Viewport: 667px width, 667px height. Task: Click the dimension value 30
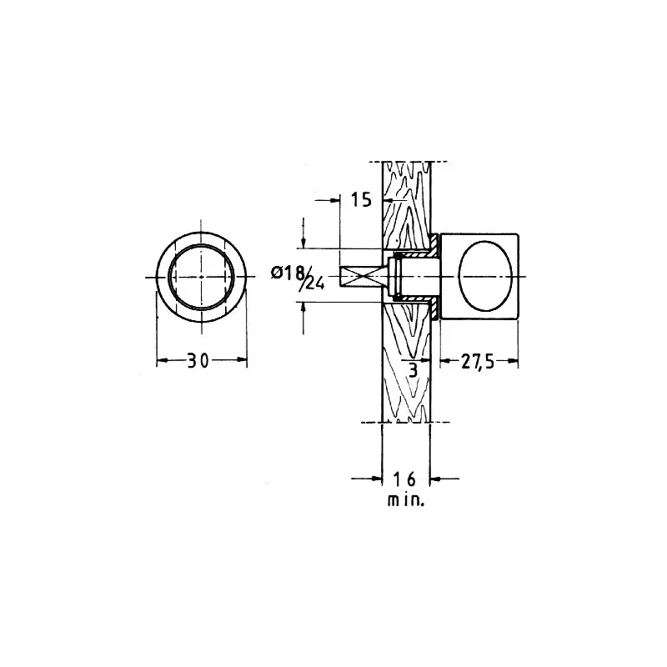pyautogui.click(x=198, y=361)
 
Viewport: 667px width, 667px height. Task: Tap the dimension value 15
pyautogui.click(x=361, y=199)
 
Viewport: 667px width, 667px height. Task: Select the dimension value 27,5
pyautogui.click(x=478, y=362)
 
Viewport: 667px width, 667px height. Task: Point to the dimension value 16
pyautogui.click(x=404, y=479)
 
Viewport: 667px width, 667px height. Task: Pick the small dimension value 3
pyautogui.click(x=414, y=370)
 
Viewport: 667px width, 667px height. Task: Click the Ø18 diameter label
pyautogui.click(x=288, y=273)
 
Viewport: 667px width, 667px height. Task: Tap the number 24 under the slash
pyautogui.click(x=315, y=283)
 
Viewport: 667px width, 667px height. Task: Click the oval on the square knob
pyautogui.click(x=485, y=276)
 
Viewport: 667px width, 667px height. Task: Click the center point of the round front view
pyautogui.click(x=201, y=277)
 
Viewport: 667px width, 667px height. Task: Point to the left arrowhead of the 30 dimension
pyautogui.click(x=162, y=361)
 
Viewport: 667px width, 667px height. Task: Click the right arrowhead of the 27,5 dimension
pyautogui.click(x=513, y=362)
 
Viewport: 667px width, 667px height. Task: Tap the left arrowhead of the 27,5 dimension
pyautogui.click(x=445, y=362)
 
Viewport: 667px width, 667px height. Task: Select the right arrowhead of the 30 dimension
pyautogui.click(x=242, y=360)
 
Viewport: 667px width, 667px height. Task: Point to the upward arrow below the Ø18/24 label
pyautogui.click(x=303, y=318)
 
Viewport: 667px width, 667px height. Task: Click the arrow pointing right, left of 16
pyautogui.click(x=367, y=479)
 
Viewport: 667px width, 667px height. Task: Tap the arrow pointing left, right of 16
pyautogui.click(x=445, y=479)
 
